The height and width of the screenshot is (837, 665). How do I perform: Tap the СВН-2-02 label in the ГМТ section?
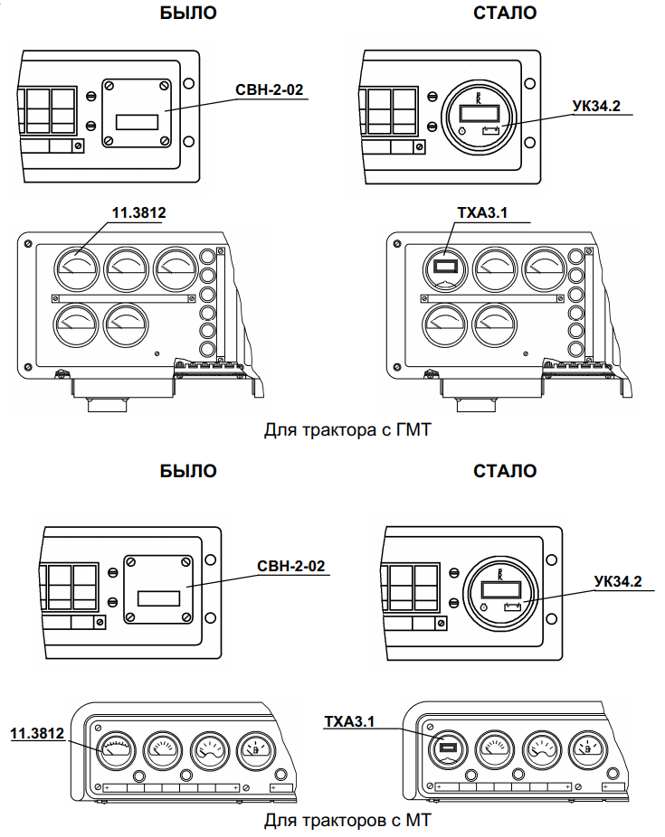click(268, 90)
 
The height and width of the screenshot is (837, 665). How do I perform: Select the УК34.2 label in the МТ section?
click(619, 581)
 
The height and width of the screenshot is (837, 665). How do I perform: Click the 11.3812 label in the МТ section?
click(37, 732)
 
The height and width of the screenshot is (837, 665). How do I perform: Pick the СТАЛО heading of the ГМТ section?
click(505, 14)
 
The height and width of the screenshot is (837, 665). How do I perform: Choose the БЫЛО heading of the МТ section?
click(188, 471)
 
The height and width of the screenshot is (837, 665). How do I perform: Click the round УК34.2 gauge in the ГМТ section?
click(476, 119)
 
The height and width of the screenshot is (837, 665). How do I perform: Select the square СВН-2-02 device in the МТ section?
click(158, 588)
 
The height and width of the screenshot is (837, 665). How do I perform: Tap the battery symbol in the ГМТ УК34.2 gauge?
click(492, 131)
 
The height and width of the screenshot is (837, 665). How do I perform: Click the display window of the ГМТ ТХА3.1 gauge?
click(446, 267)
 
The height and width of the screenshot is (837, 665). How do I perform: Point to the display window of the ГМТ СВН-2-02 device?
click(137, 120)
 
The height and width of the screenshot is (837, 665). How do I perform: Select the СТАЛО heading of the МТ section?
click(505, 471)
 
